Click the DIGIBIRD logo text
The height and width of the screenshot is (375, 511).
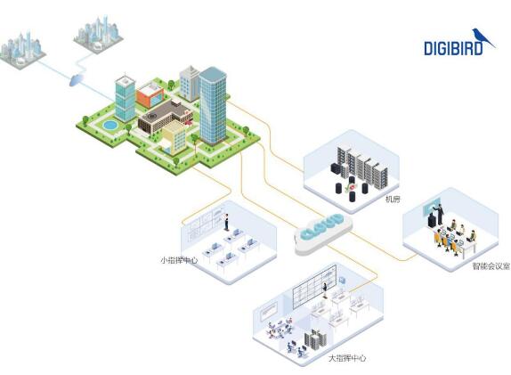coord(453,48)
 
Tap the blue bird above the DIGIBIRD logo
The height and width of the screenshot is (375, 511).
coord(483,37)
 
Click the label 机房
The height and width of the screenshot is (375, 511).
coord(393,200)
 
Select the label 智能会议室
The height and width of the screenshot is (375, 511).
coord(491,266)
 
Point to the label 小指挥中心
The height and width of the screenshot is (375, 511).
coord(179,260)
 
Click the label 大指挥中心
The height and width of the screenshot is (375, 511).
coord(347,358)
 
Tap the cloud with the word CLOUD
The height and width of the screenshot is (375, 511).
coord(322,233)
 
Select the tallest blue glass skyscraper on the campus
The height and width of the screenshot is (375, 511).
coord(213,105)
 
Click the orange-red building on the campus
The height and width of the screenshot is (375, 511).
coord(150,94)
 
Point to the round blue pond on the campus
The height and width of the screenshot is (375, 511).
coord(109,124)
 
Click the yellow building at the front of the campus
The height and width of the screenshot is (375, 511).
coord(174,138)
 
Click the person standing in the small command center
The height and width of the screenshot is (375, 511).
coord(226,222)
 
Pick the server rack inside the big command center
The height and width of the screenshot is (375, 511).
coord(315,340)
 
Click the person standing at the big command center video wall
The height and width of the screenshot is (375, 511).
coord(325,290)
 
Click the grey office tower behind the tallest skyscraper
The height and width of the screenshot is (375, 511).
coord(190,84)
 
